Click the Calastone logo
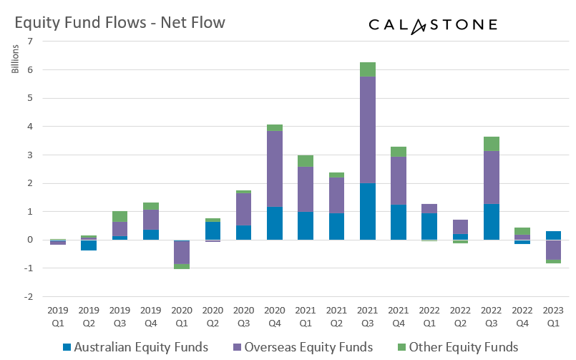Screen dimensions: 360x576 tap(433, 25)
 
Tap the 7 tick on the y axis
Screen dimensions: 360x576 tap(29, 42)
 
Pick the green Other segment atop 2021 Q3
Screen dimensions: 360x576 tap(368, 69)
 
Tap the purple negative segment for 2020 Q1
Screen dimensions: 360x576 tap(182, 253)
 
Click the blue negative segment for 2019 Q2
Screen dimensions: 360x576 tap(89, 245)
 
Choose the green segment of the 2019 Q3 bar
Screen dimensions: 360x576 tap(119, 216)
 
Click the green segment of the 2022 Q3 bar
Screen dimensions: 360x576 tap(492, 144)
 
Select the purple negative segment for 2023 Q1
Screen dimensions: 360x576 tap(553, 250)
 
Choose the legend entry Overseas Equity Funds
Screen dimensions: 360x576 tap(301, 347)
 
